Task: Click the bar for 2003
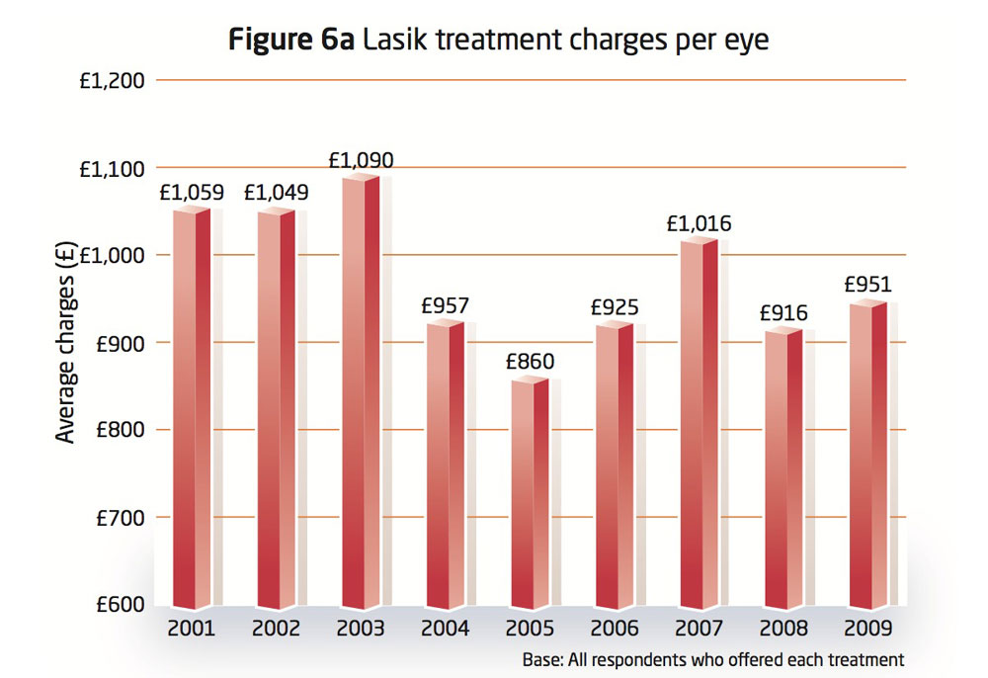[361, 395]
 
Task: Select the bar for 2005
[530, 494]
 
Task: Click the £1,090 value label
[361, 160]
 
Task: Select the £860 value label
[530, 362]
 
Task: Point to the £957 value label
[445, 305]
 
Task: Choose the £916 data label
[783, 313]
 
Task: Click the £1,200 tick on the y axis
[112, 80]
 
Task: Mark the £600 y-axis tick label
[119, 605]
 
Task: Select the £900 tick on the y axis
[119, 343]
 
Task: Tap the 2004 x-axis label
[445, 629]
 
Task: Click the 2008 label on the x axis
[783, 629]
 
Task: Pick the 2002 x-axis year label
[276, 629]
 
